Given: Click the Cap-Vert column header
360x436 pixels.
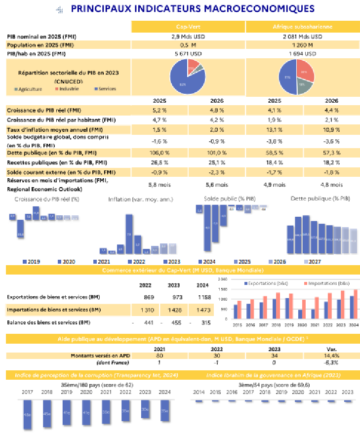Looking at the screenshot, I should click(188, 27).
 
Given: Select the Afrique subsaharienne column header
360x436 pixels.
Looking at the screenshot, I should click(302, 27).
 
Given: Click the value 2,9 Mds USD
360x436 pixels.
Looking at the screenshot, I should click(188, 37).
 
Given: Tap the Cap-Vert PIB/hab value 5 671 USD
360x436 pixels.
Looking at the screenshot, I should click(188, 54).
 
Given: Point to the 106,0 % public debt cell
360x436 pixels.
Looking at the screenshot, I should click(160, 153).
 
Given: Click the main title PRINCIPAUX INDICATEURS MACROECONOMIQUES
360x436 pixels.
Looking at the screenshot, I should click(193, 8).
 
